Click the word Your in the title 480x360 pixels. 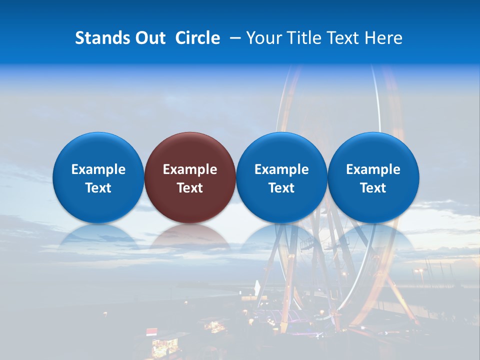point(263,38)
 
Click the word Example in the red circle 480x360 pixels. point(190,169)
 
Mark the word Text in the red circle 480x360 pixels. point(190,188)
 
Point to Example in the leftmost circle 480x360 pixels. point(98,169)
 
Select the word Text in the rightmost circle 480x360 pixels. point(373,188)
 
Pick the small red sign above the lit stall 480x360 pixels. point(151,331)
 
